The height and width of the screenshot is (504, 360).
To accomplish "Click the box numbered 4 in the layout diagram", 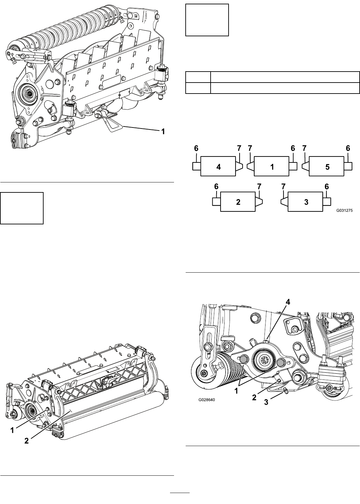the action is (218, 166).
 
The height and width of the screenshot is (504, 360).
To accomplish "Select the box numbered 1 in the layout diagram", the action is (271, 166).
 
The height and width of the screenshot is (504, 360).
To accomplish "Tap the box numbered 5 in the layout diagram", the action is (327, 166).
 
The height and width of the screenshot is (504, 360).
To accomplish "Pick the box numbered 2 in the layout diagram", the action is (238, 202).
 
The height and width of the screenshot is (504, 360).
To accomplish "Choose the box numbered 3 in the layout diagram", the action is (305, 202).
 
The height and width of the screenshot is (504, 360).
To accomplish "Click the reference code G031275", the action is (344, 211).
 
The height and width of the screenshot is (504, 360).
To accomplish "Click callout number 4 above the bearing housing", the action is (288, 302).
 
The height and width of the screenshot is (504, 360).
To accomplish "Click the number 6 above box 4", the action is (196, 148).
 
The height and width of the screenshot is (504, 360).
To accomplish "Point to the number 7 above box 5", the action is (304, 148).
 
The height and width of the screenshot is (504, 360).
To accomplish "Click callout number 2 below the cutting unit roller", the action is (27, 441).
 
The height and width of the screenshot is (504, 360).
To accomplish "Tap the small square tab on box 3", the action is (327, 202).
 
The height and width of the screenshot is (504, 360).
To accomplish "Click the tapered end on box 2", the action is (259, 202).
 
